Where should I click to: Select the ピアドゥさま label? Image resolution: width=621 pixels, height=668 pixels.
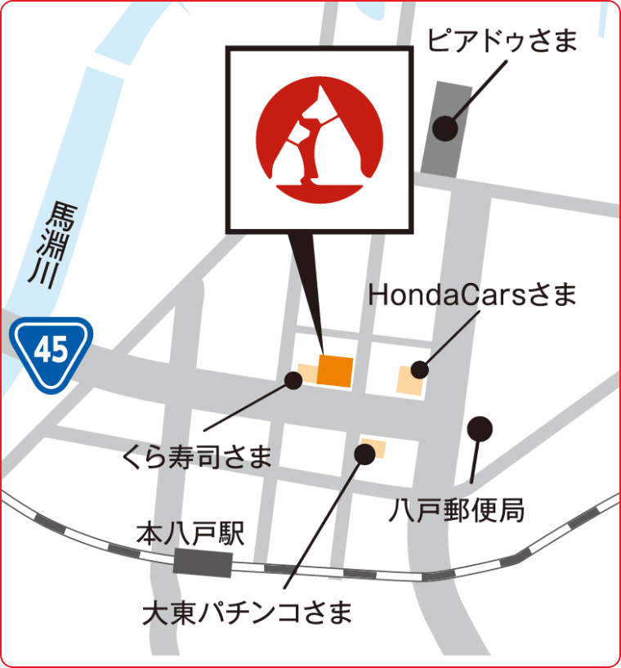tap(503, 40)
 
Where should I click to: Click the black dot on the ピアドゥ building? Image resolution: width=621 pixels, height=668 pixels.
tap(445, 128)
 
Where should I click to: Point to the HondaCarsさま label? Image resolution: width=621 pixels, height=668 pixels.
tap(472, 294)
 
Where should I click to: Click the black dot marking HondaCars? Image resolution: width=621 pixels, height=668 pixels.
tap(419, 370)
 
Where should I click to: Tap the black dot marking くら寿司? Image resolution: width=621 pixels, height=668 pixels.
tap(293, 379)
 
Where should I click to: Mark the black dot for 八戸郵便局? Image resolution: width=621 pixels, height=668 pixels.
tap(480, 427)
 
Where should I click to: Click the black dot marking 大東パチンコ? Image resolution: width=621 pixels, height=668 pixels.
tap(365, 454)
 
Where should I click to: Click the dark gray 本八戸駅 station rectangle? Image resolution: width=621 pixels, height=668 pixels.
tap(203, 563)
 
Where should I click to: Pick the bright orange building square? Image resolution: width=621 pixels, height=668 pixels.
tap(335, 372)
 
